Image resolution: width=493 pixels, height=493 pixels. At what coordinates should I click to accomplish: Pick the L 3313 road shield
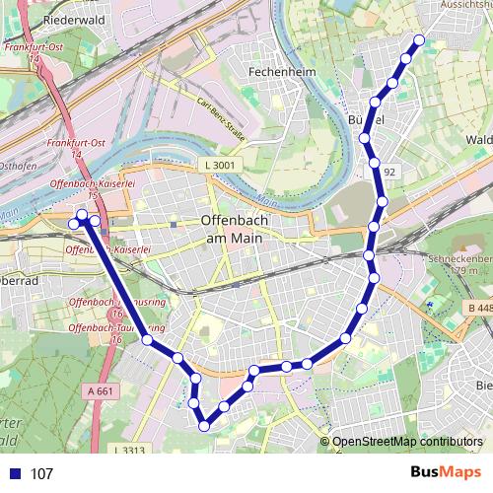pos(128,452)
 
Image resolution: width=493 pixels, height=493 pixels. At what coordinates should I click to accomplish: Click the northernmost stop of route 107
pos(418,40)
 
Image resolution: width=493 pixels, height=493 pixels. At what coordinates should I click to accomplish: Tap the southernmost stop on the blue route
pos(205,426)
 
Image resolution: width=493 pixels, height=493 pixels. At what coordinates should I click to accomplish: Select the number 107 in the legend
pos(42,474)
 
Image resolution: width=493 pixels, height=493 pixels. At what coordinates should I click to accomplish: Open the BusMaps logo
pos(446,473)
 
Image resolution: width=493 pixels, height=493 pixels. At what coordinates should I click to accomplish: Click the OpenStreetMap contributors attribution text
pos(407,443)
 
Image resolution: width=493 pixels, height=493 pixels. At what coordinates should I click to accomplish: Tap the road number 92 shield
pos(389,173)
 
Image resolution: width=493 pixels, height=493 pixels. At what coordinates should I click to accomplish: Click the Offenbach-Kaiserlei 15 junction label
pos(77,188)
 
